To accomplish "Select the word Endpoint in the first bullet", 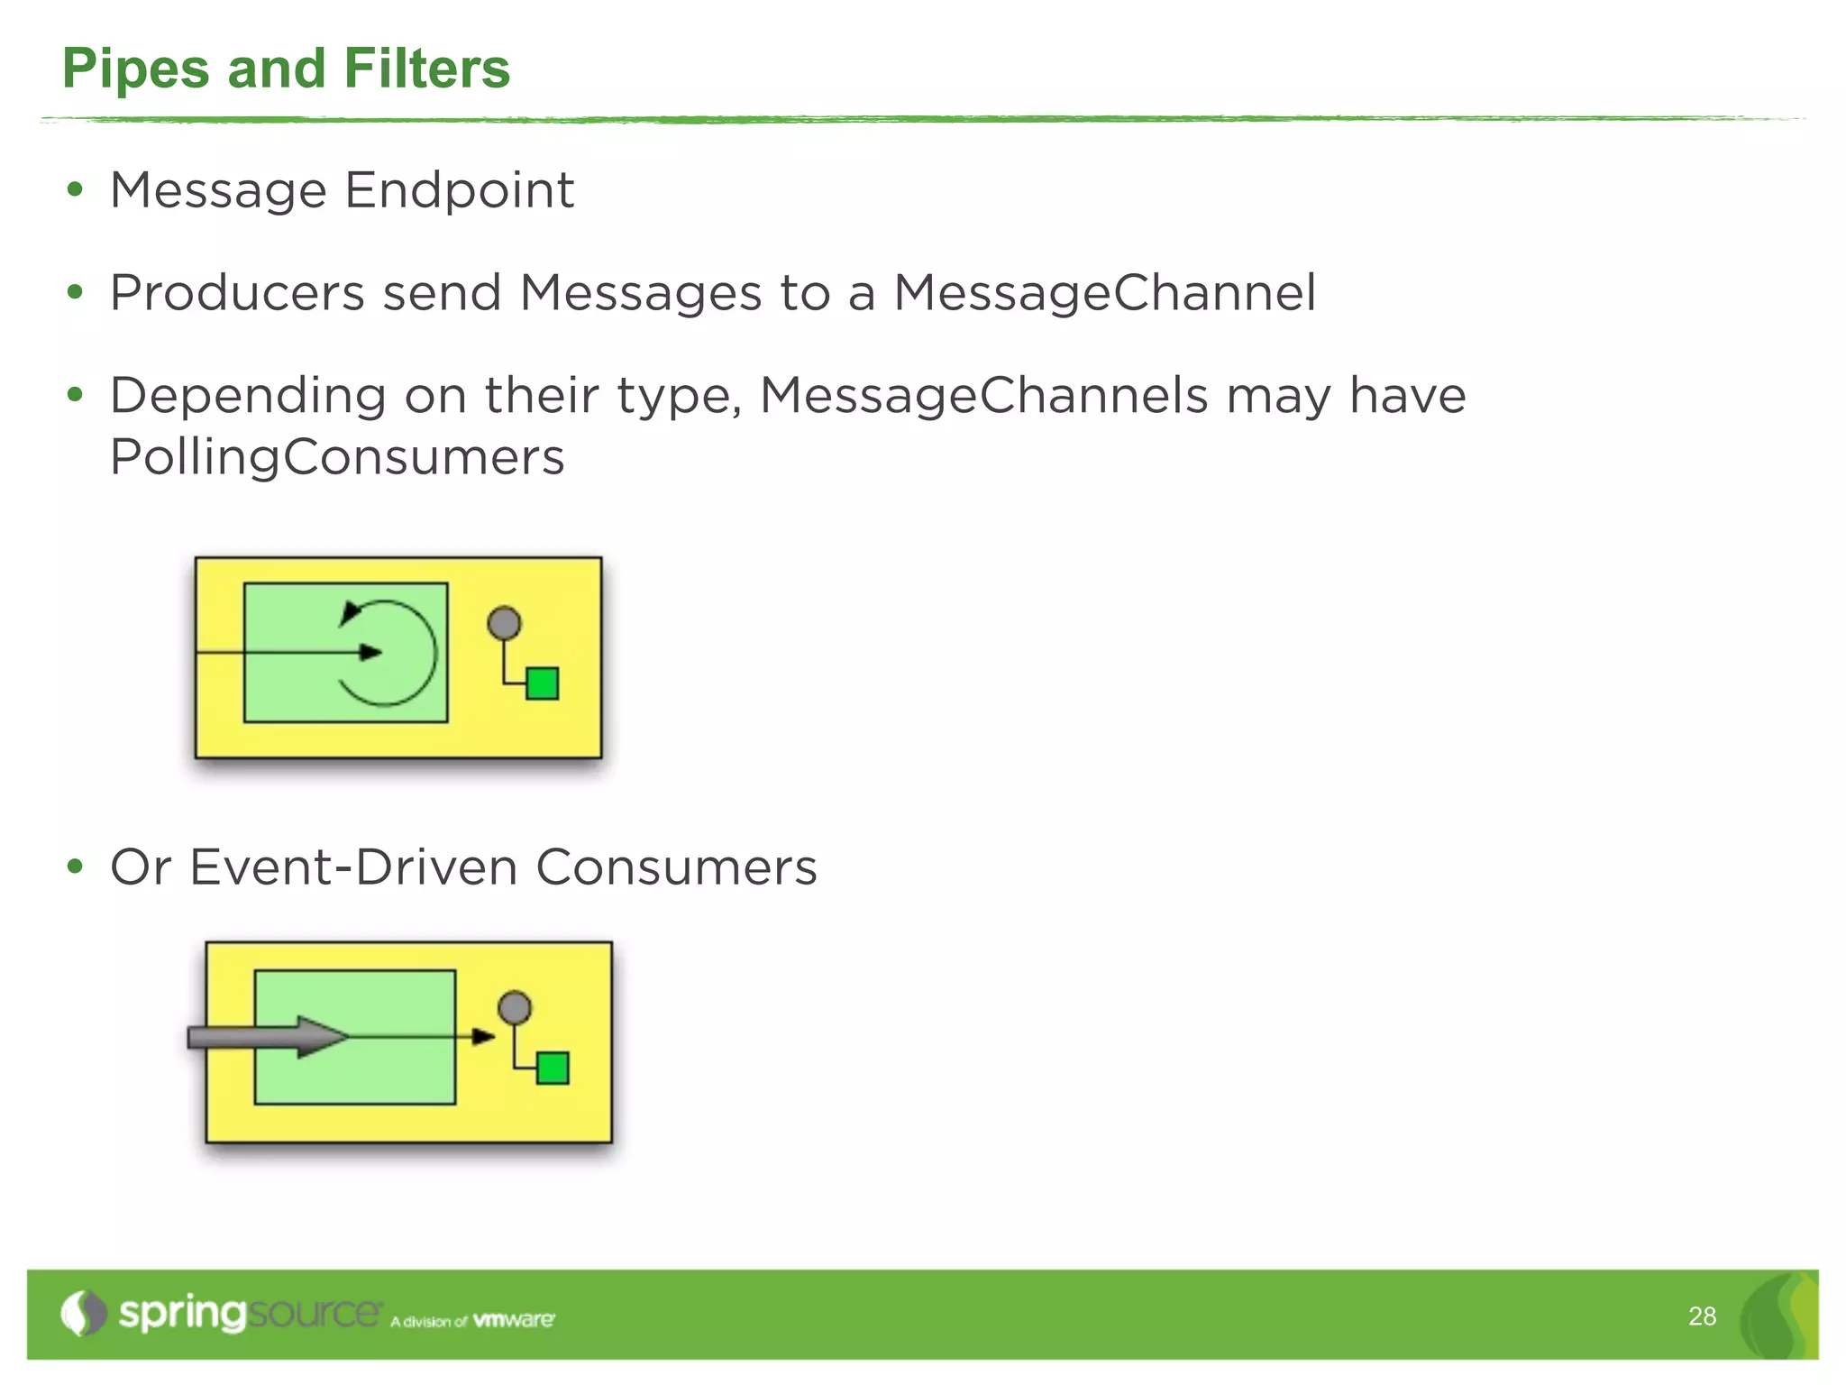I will point(459,190).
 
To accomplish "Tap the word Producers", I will point(237,293).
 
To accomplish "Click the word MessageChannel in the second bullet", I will point(1105,293).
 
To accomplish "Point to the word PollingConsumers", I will point(337,457).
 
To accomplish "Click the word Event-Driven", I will point(353,867).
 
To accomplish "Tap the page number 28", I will point(1702,1316).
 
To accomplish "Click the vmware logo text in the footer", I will point(514,1320).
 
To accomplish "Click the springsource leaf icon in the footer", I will point(83,1314).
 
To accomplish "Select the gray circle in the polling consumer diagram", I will point(504,623).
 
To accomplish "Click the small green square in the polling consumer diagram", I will point(542,683).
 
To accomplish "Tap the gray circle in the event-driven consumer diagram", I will point(515,1007).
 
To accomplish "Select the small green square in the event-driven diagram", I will point(553,1069).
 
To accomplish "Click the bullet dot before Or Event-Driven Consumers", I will point(75,867).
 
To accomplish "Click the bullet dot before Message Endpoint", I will point(75,190).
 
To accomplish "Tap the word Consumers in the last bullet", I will point(676,867).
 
